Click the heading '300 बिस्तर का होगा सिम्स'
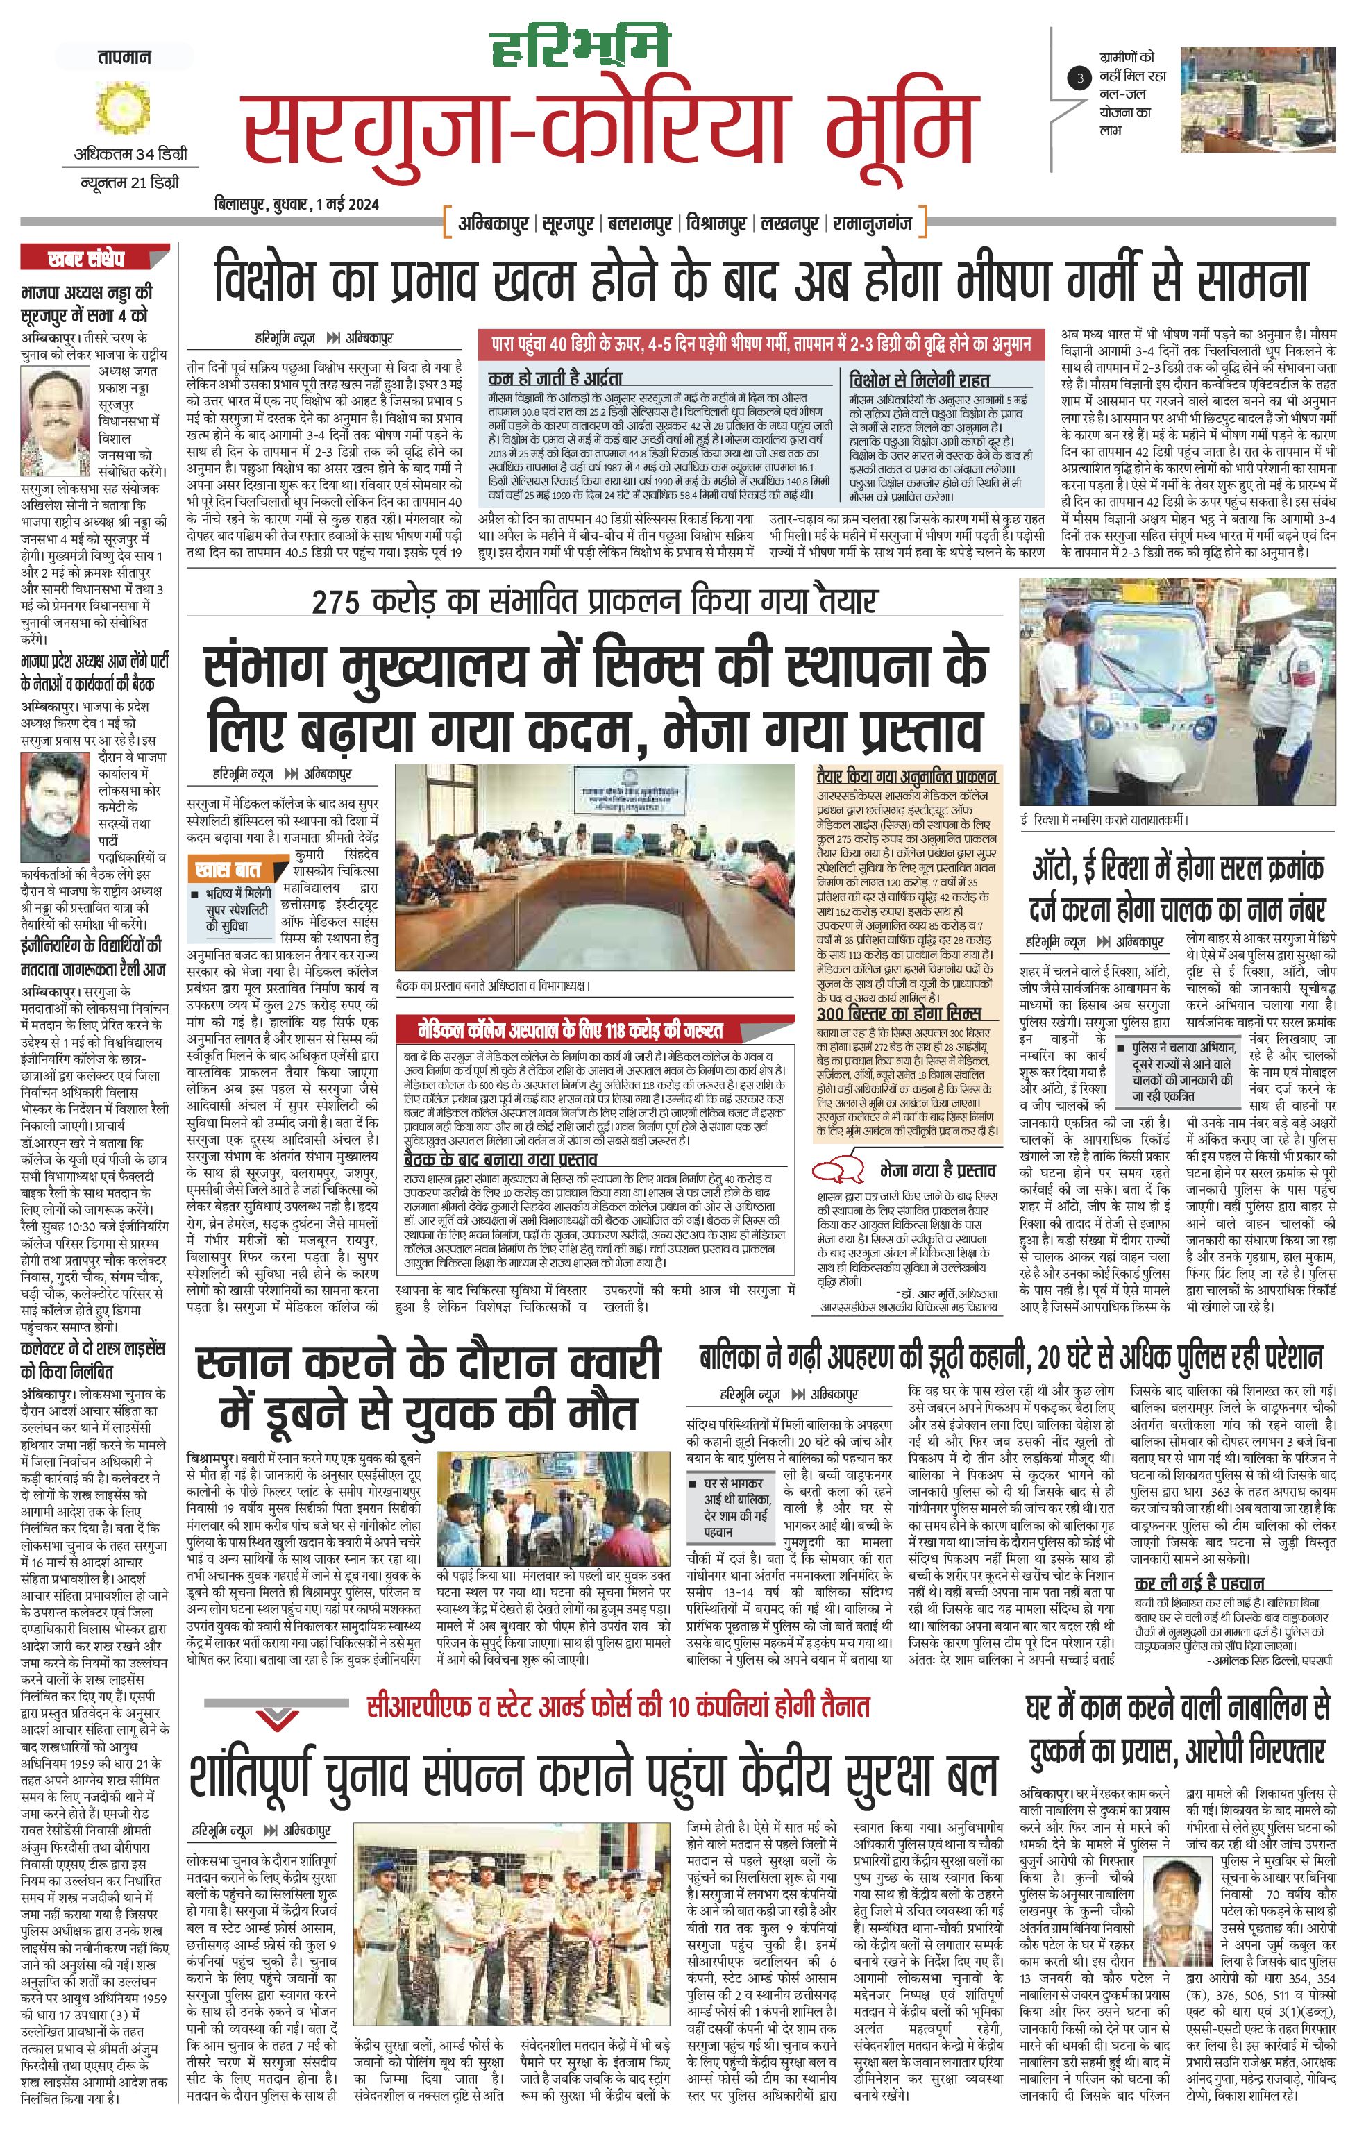coord(899,1014)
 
